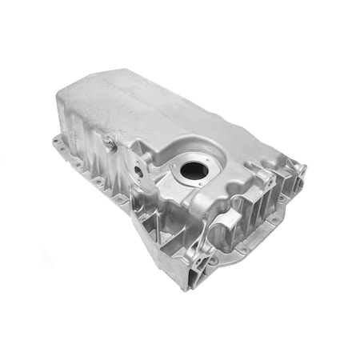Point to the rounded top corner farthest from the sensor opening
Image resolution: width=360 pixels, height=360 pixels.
(88, 84)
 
